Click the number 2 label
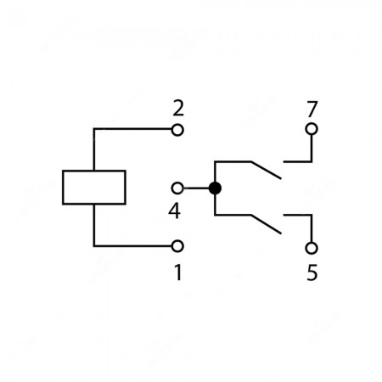tap(178, 109)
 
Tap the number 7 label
tap(312, 109)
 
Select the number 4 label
tap(175, 211)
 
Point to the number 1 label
tap(178, 272)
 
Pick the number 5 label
tap(312, 272)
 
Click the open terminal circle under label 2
tap(177, 130)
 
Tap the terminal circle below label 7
tap(312, 129)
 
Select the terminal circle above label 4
tap(177, 188)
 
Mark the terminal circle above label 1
tap(177, 246)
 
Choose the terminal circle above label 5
tap(312, 248)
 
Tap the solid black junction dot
tap(215, 188)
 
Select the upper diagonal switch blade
tap(266, 171)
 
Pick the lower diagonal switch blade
tap(266, 224)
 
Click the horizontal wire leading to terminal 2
tap(133, 129)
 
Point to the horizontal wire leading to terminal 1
tap(133, 246)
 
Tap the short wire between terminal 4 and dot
tap(196, 188)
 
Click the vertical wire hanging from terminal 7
tap(312, 149)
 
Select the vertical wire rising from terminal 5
tap(312, 228)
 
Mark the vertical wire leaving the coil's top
tap(94, 149)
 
